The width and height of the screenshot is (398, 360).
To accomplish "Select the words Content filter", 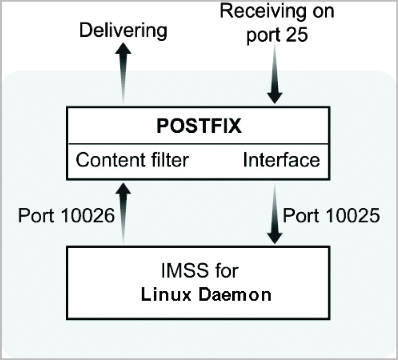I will click(x=132, y=160).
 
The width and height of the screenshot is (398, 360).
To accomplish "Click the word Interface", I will click(x=281, y=160).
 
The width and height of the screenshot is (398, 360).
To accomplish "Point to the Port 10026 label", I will click(x=66, y=216).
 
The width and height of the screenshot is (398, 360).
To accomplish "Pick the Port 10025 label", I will click(x=331, y=216).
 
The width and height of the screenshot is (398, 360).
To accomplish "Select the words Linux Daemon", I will click(x=206, y=295).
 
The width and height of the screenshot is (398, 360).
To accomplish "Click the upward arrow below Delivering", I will click(x=123, y=73).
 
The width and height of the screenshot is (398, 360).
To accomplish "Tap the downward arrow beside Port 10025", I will click(x=275, y=213).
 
